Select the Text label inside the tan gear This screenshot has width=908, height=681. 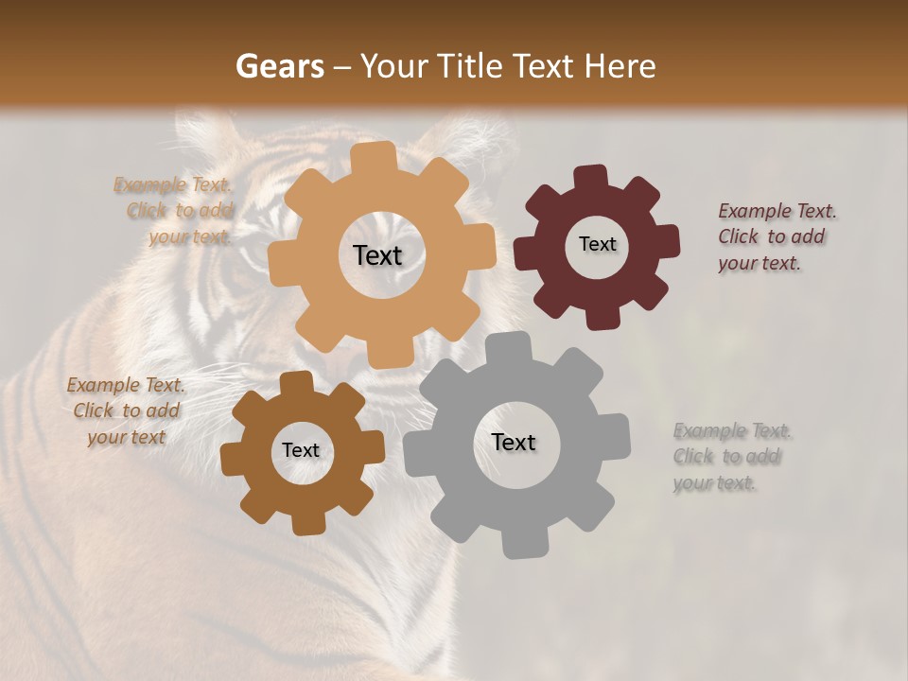click(377, 255)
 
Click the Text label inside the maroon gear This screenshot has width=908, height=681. click(597, 244)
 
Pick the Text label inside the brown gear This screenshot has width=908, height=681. click(301, 450)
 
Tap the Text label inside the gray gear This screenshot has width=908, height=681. click(514, 442)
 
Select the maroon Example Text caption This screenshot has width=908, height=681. click(776, 236)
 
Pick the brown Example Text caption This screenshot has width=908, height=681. click(127, 410)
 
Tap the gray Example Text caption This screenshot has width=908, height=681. click(731, 457)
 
